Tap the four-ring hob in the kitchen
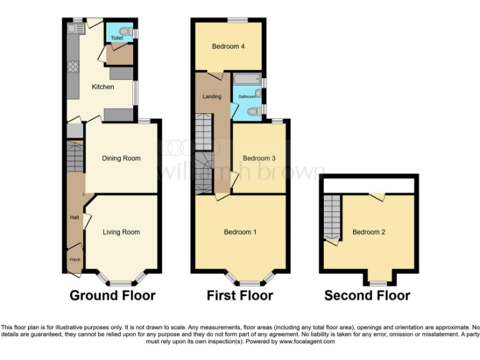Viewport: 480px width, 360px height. (x=72, y=67)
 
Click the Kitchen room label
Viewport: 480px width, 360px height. (x=103, y=87)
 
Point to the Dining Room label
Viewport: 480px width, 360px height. (x=121, y=158)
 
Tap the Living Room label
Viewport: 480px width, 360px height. (x=121, y=232)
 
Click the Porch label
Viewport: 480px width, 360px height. (x=74, y=259)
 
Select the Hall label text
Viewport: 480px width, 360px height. (x=74, y=217)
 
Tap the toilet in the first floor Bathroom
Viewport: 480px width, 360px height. (x=254, y=111)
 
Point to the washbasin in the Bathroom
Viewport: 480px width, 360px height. (x=258, y=93)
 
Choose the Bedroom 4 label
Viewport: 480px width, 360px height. (x=228, y=46)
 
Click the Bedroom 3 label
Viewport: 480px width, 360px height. (x=259, y=158)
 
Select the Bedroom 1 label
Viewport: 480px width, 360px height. (x=241, y=232)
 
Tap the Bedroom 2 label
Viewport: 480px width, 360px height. (x=369, y=232)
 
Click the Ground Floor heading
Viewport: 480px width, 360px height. (x=112, y=295)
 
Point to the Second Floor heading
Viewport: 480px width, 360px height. (x=367, y=295)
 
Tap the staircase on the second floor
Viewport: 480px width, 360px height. (x=332, y=216)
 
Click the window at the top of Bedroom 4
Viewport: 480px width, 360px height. (x=237, y=20)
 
